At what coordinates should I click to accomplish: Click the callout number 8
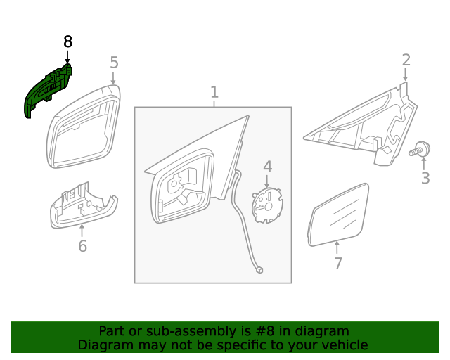[x=67, y=42]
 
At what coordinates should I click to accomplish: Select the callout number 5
[x=115, y=63]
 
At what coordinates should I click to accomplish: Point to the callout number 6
[x=82, y=246]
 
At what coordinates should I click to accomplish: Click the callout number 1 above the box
[x=214, y=92]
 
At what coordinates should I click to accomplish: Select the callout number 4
[x=267, y=167]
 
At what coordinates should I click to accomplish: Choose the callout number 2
[x=406, y=60]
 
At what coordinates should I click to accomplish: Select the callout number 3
[x=425, y=178]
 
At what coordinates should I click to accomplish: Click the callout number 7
[x=338, y=264]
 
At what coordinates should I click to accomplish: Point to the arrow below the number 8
[x=67, y=57]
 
